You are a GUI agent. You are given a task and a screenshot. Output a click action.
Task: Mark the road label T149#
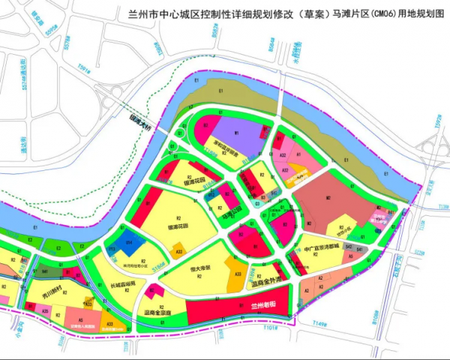[x=321, y=325]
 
